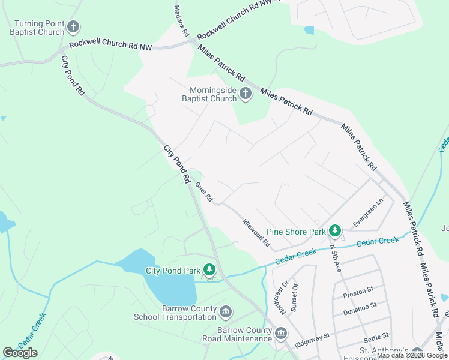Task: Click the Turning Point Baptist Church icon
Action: [x=73, y=27]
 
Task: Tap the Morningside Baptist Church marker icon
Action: [x=245, y=93]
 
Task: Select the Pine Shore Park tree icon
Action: [x=334, y=231]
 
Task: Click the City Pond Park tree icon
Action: [x=209, y=270]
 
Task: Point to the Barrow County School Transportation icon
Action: [x=226, y=312]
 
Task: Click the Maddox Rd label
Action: [x=181, y=21]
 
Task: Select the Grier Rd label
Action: [x=204, y=192]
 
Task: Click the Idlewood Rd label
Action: [x=256, y=234]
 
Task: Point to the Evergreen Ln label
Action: [x=368, y=213]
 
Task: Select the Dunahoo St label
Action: [x=359, y=305]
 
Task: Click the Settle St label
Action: [x=376, y=336]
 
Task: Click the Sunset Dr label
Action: [x=295, y=295]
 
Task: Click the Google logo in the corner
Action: [x=20, y=353]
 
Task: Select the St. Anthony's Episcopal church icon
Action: [x=417, y=353]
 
